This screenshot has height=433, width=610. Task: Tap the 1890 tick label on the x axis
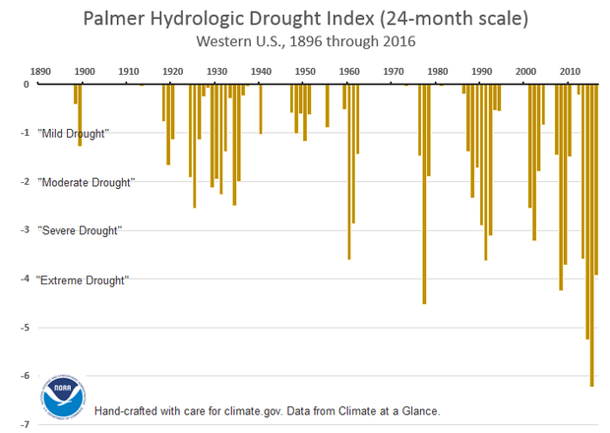coord(39,72)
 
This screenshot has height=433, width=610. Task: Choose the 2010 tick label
coord(570,72)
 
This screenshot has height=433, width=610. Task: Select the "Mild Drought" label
coord(73,133)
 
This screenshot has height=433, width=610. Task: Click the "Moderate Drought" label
coord(85,182)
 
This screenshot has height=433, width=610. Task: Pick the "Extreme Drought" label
coord(83,279)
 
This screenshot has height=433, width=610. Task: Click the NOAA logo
coord(63,396)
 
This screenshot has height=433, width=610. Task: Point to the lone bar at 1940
coord(261,109)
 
